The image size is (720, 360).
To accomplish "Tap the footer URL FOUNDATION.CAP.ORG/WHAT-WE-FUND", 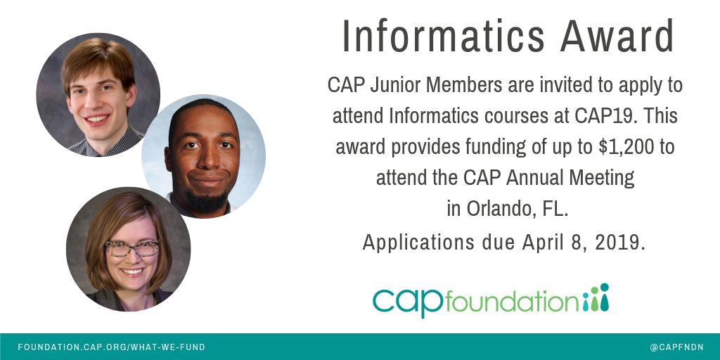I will pyautogui.click(x=112, y=347).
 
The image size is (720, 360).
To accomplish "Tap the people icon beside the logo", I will pyautogui.click(x=596, y=298).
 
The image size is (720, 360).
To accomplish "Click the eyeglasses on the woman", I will pyautogui.click(x=131, y=248).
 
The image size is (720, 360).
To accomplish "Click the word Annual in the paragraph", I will pyautogui.click(x=533, y=178).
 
